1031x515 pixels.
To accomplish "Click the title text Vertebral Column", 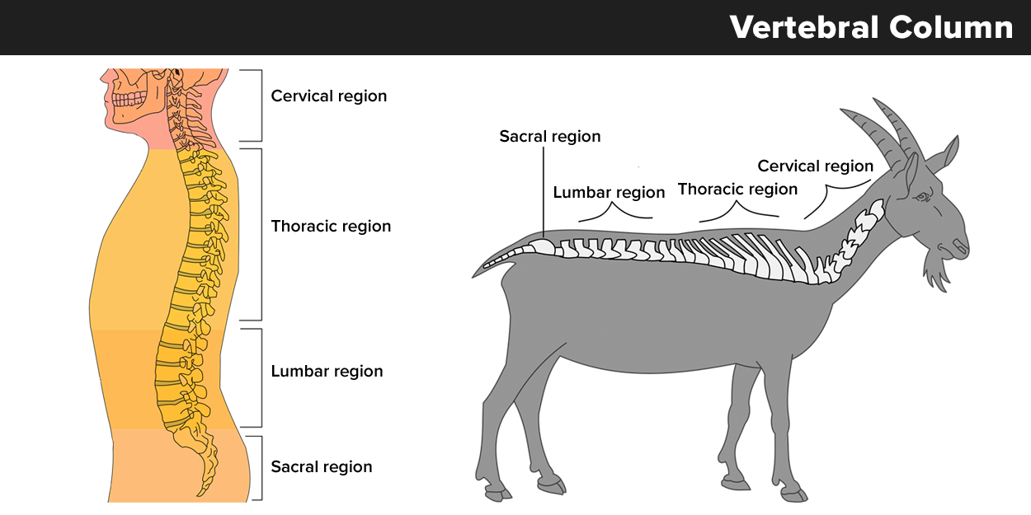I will pyautogui.click(x=871, y=28).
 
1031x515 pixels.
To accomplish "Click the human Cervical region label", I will pyautogui.click(x=328, y=96).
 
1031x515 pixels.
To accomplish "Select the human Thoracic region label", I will pyautogui.click(x=331, y=226).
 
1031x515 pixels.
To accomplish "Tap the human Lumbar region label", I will pyautogui.click(x=327, y=371).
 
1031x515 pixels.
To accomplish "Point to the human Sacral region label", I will pyautogui.click(x=322, y=466).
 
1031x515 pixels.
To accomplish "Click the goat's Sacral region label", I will pyautogui.click(x=549, y=136).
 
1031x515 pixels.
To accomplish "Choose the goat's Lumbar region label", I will pyautogui.click(x=609, y=193).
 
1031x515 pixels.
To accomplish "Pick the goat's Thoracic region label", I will pyautogui.click(x=737, y=190).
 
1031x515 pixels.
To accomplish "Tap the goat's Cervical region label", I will pyautogui.click(x=815, y=166).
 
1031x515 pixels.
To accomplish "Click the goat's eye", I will pyautogui.click(x=921, y=197).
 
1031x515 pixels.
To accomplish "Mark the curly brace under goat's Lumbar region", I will pyautogui.click(x=614, y=213).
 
